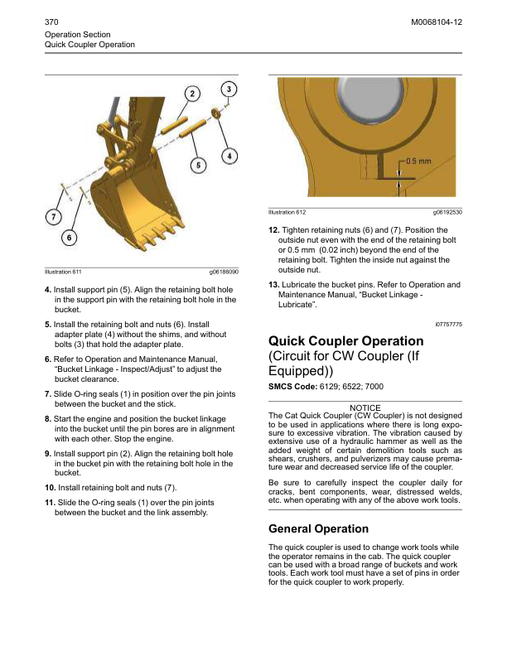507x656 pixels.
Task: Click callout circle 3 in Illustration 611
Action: point(229,89)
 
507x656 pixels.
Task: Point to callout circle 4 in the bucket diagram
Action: point(229,155)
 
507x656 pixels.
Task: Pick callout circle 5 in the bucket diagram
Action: point(198,165)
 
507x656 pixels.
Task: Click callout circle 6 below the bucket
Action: point(71,237)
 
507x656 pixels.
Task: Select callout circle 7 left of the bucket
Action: point(52,217)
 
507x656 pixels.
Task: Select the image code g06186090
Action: point(224,271)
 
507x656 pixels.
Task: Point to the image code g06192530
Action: point(447,214)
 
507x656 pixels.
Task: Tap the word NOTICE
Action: point(365,408)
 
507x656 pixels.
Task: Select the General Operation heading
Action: point(319,528)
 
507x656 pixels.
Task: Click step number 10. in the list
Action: point(50,486)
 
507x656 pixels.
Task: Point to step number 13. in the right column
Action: point(273,284)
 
